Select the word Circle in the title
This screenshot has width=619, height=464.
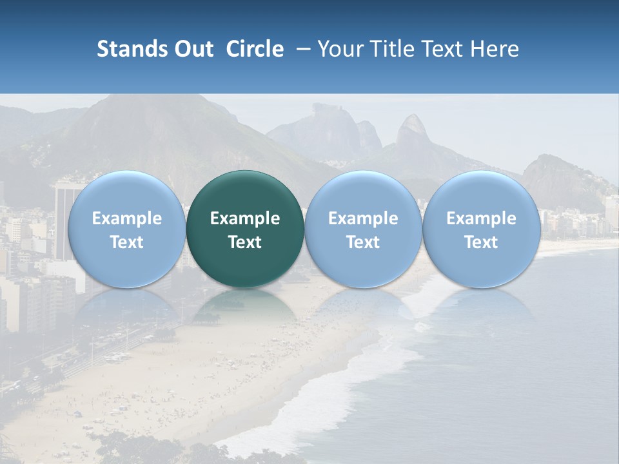pos(255,49)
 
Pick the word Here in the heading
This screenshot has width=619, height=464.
pos(495,49)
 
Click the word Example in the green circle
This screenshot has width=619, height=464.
pos(245,218)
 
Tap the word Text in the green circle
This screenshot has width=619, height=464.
pos(245,242)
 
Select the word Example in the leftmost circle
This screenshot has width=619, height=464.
pos(126,218)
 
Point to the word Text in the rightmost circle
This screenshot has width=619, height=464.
pos(481,242)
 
